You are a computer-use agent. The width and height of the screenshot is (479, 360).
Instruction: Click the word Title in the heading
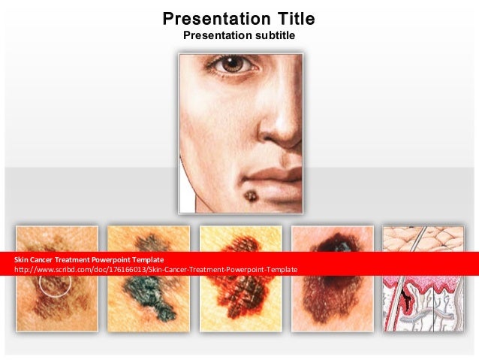pyautogui.click(x=284, y=19)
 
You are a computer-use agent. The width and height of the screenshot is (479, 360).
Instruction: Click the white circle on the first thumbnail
pyautogui.click(x=56, y=285)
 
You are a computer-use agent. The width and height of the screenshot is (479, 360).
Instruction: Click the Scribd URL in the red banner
pyautogui.click(x=156, y=269)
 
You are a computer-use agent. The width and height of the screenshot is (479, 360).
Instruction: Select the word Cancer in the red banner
pyautogui.click(x=44, y=259)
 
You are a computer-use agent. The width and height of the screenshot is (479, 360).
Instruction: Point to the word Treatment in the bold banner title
pyautogui.click(x=79, y=259)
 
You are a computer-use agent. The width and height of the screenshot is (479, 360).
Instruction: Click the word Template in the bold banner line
pyautogui.click(x=148, y=259)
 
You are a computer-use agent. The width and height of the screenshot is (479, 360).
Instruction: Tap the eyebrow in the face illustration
pyautogui.click(x=225, y=55)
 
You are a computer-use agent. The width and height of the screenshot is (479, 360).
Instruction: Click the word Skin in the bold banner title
pyautogui.click(x=21, y=259)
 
